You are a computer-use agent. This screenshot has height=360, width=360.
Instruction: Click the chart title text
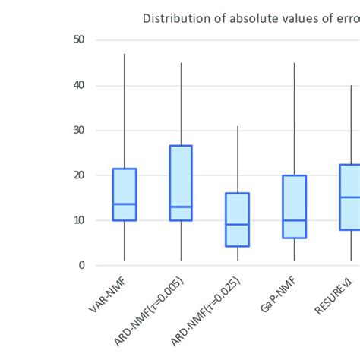251,18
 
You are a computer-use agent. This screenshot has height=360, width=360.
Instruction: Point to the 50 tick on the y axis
79,40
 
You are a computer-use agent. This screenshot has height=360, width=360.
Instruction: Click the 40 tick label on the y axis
79,85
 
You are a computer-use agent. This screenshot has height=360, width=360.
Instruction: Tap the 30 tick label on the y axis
79,130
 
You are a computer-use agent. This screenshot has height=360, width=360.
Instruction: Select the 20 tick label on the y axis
79,175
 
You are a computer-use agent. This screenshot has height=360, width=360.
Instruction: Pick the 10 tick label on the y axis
79,220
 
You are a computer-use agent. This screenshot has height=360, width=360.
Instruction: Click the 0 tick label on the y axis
82,265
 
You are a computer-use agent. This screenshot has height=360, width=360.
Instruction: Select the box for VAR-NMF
125,194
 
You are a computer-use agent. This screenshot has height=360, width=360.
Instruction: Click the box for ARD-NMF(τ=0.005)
181,183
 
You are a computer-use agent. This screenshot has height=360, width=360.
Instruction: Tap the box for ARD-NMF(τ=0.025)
238,219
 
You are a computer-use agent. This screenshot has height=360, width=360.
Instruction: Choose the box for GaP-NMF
294,207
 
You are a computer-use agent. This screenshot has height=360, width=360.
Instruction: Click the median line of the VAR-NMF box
125,204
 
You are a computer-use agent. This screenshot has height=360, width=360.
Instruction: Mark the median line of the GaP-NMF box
294,220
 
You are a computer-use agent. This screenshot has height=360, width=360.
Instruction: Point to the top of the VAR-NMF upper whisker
125,54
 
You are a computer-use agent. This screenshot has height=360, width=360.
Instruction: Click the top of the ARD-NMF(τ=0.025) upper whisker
238,126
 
